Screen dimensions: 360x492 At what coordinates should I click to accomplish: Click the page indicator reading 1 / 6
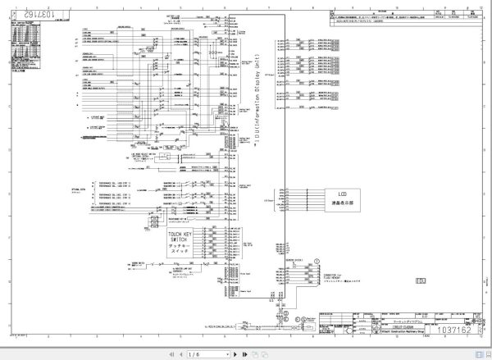click(194, 353)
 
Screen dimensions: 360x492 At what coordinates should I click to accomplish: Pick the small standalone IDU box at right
click(421, 281)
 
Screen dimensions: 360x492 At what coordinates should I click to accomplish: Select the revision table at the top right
click(398, 18)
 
